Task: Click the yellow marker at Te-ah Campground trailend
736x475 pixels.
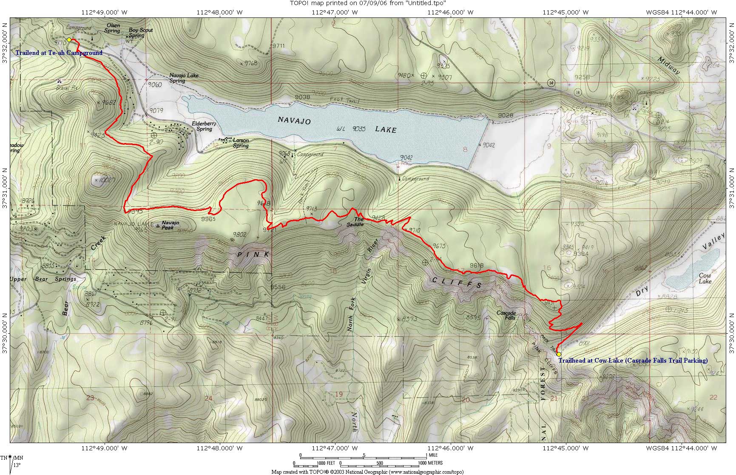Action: [x=69, y=40]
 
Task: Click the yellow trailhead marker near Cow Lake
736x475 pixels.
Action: [x=559, y=354]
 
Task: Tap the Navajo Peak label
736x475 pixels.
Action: [x=170, y=225]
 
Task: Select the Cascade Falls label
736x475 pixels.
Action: [x=506, y=315]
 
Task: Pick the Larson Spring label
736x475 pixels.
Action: [x=240, y=143]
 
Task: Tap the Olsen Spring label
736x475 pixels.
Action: [x=112, y=28]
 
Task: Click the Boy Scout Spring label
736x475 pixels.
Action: [x=140, y=33]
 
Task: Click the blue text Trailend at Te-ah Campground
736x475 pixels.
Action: [x=59, y=53]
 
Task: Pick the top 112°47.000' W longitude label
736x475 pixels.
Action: [x=335, y=12]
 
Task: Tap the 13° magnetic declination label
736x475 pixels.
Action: [x=17, y=465]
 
